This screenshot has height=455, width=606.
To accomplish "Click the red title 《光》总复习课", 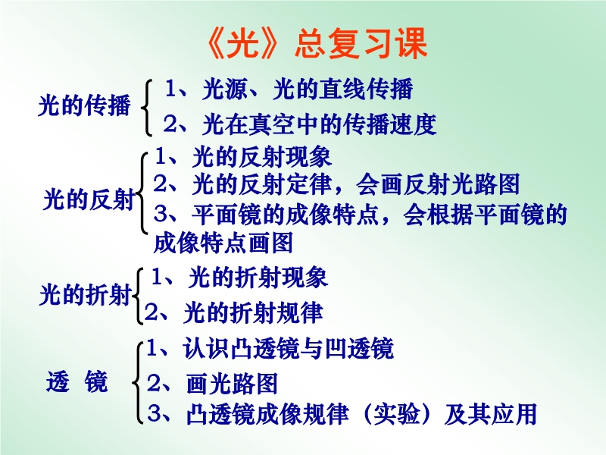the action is tap(317, 43).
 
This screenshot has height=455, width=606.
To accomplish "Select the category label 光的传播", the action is tap(85, 105).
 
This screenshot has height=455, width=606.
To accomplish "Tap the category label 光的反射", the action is tap(89, 199).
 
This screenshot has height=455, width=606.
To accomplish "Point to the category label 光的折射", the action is tap(86, 295).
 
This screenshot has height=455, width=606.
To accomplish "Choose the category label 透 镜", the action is tap(77, 381).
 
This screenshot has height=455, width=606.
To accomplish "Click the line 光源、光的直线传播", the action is tap(308, 89).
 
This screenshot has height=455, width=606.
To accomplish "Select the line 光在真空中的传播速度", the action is tap(319, 124).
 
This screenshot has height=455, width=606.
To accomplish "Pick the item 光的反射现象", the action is tap(262, 157).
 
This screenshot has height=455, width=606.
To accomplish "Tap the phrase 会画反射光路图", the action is tap(438, 184).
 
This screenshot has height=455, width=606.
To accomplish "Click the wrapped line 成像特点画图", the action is tap(223, 243).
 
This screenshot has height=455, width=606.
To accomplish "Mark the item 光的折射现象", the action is tap(258, 277).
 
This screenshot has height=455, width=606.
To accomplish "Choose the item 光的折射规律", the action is tap(253, 312).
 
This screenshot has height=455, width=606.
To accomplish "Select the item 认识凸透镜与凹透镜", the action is tap(289, 348).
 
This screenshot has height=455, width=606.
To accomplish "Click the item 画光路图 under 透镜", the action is tap(232, 384).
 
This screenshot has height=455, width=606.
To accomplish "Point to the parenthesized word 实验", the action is tap(397, 414).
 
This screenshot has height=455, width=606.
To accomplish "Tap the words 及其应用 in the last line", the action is tap(491, 414).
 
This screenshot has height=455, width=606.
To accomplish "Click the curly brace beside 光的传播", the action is tap(146, 107).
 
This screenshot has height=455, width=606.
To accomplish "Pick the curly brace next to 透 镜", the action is tap(138, 382).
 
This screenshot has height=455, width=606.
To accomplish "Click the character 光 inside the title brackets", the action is tap(242, 43).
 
